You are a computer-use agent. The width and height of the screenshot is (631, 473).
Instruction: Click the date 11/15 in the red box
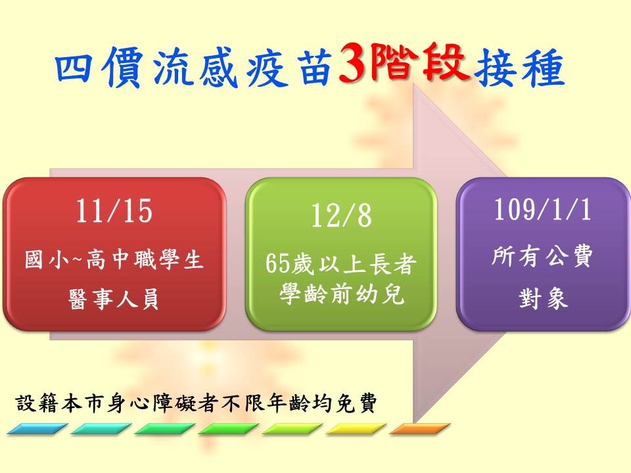(114, 211)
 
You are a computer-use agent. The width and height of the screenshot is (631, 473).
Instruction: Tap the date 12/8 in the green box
(341, 215)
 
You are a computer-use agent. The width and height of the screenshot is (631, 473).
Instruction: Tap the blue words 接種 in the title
(519, 68)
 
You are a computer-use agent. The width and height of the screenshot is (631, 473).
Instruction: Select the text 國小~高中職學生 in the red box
(114, 259)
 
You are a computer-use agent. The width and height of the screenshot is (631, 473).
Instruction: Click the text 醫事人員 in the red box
(114, 298)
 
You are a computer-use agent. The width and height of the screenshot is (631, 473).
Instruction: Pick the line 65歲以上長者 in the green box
(341, 264)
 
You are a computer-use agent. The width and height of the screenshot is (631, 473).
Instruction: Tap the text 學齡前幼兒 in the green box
(342, 294)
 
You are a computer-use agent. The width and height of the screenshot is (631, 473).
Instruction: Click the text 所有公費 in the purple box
(542, 256)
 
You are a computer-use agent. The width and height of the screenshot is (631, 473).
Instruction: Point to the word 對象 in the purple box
(543, 298)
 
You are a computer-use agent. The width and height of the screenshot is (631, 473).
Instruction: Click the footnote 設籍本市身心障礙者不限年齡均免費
(197, 403)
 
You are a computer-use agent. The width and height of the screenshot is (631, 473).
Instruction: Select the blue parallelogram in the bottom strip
(37, 429)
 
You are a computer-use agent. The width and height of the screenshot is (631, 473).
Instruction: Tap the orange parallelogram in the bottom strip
(420, 429)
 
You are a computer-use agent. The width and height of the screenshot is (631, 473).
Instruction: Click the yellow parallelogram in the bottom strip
(356, 429)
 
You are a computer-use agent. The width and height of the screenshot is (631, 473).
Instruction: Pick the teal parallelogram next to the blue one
(101, 429)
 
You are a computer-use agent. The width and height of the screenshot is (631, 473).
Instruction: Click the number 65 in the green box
(277, 264)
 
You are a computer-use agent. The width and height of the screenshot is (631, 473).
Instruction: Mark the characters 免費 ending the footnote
(356, 403)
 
